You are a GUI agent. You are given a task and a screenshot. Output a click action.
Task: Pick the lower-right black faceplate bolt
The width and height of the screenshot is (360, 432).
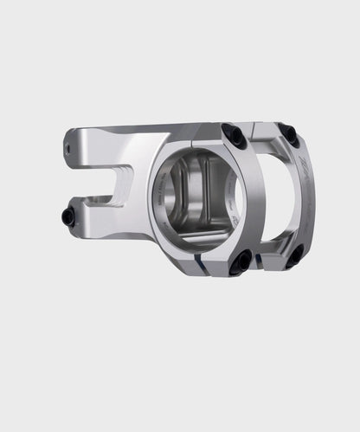295,254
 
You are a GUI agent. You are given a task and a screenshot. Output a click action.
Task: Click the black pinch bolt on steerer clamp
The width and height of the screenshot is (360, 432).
69,216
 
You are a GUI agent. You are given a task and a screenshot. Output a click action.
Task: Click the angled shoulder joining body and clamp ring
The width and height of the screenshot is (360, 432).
164,143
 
